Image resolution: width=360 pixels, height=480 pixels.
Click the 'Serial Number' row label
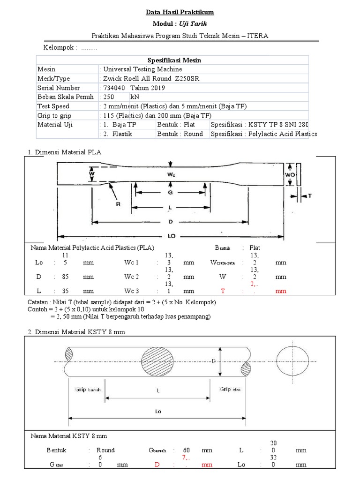click(x=59, y=88)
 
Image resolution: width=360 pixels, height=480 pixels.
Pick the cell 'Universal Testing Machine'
click(x=139, y=69)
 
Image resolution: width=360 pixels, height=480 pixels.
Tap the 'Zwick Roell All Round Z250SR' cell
click(x=150, y=78)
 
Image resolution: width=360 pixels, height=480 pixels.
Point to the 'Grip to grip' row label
click(x=56, y=115)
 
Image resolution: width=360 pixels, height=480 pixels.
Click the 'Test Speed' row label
click(x=53, y=106)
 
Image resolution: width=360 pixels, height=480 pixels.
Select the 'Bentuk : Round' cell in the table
click(x=180, y=134)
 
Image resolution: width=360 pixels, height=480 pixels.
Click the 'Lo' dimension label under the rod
click(x=158, y=411)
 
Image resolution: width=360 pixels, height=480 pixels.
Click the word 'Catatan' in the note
click(x=40, y=303)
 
